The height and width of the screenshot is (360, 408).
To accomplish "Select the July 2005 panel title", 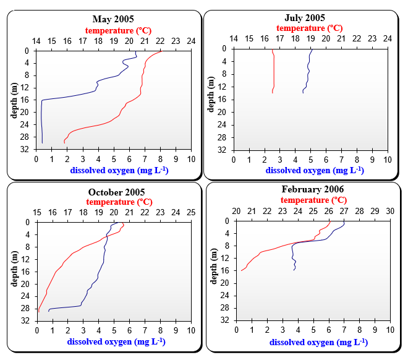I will click(x=304, y=18).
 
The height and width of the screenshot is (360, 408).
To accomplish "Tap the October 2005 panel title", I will click(x=116, y=192).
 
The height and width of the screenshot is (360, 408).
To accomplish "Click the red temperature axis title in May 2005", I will click(x=118, y=30).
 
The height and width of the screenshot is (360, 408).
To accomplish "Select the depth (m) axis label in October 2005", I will click(x=14, y=267).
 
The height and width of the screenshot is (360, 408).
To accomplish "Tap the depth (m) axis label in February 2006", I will click(x=213, y=267).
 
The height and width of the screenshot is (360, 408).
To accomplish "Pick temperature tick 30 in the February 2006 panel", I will click(x=390, y=211).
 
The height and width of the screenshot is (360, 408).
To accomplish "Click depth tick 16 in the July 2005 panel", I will click(x=226, y=99).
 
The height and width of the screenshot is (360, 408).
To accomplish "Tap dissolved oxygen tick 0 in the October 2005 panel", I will click(x=36, y=331).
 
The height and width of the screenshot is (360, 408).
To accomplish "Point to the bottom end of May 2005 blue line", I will click(x=42, y=143).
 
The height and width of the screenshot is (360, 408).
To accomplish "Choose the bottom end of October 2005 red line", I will click(x=38, y=312).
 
